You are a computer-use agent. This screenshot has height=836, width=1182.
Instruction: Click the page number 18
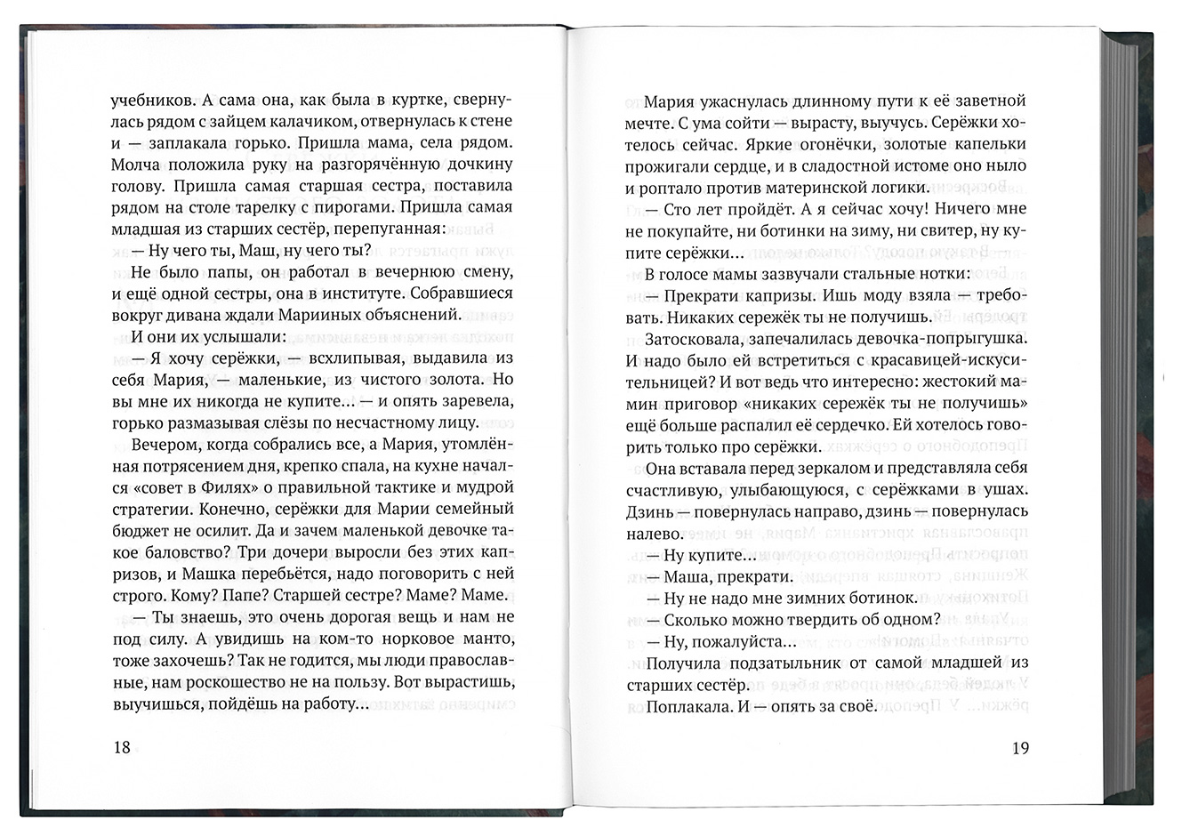122,747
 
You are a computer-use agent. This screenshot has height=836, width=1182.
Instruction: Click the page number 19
1020,747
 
